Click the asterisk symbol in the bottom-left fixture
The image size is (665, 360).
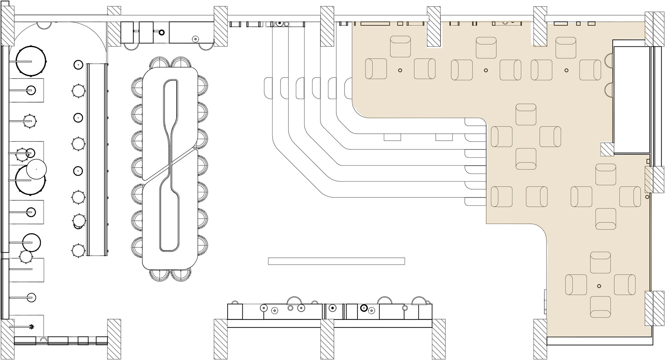32,326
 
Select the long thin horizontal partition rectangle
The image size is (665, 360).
336,261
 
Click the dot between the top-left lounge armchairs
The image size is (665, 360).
400,70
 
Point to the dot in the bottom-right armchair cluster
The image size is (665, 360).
599,286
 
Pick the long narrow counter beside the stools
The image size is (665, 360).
97,159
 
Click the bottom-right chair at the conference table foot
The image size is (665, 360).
181,274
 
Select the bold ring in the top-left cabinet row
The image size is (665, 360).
161,33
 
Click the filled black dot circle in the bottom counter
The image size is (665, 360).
332,308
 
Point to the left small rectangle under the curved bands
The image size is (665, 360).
392,137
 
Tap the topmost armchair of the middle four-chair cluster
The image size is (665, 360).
526,114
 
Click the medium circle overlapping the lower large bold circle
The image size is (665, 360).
37,169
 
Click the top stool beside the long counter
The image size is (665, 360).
78,64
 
